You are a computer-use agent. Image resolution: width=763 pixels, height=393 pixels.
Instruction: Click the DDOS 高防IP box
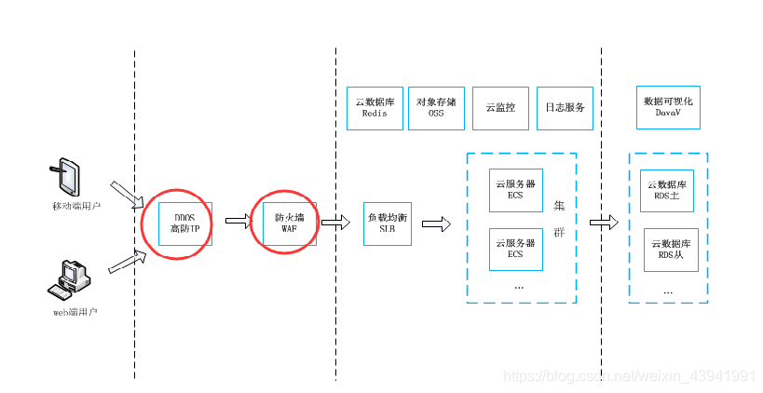(185, 224)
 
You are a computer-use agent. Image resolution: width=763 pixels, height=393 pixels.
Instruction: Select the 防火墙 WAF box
(289, 223)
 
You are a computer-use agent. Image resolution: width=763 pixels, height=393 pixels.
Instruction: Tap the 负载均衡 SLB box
(387, 224)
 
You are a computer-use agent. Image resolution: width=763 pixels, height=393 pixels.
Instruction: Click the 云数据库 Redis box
(374, 107)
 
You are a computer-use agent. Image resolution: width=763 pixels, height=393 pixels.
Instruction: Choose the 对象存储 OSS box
(436, 107)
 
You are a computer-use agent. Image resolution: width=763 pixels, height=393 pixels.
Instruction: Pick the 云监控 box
(500, 107)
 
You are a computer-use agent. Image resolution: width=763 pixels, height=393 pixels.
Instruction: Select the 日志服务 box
(565, 107)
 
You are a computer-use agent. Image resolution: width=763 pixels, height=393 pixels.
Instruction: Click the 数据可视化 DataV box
(668, 107)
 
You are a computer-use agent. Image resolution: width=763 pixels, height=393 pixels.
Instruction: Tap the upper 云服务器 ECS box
(515, 191)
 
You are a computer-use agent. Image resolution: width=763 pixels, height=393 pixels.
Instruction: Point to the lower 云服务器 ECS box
(515, 249)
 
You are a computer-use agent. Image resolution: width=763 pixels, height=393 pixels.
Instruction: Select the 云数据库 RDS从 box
(669, 249)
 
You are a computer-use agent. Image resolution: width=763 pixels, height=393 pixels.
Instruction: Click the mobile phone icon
(66, 176)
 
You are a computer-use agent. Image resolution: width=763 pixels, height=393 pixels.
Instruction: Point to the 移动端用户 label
(75, 205)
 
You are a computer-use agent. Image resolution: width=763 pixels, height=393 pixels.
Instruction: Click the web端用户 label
(75, 311)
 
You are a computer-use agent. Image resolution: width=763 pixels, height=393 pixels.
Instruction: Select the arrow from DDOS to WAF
(238, 222)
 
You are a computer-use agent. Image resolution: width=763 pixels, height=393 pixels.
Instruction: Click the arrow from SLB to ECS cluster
(435, 224)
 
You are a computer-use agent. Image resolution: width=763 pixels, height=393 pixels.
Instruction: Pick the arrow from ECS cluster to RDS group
(604, 223)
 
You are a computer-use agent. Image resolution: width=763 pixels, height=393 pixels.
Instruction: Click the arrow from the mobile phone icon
(127, 194)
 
